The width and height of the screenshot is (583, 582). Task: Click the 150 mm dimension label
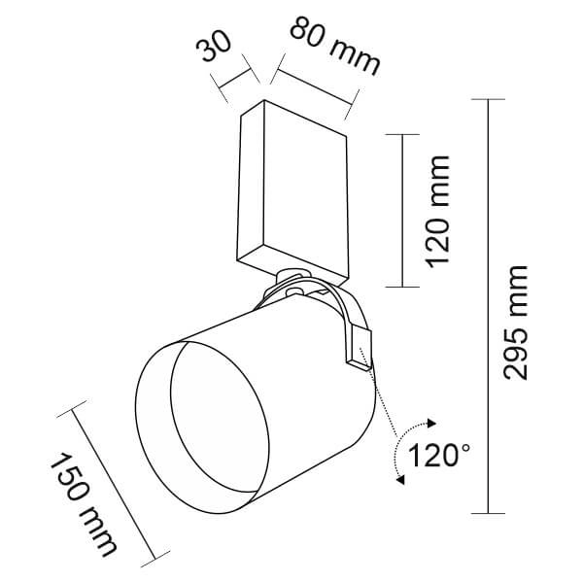click(83, 504)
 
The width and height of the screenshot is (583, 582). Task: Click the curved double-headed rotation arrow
click(408, 452)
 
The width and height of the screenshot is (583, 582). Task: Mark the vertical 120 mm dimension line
click(401, 209)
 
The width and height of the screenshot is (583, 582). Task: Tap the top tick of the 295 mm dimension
click(488, 100)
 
